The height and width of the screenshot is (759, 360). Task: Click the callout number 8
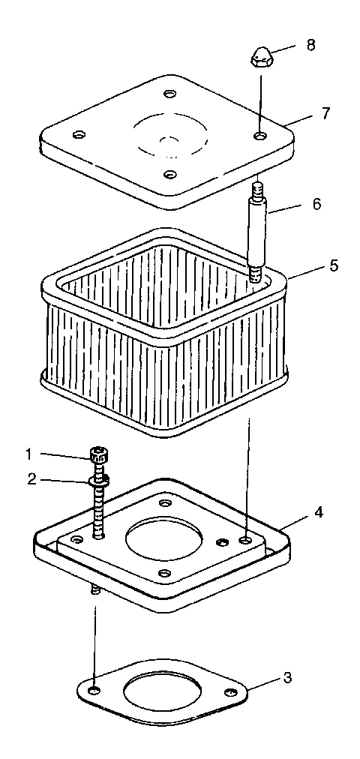tap(311, 44)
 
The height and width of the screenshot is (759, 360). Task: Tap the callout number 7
tap(325, 113)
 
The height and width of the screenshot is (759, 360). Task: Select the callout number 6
tap(317, 204)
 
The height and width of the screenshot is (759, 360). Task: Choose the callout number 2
tap(31, 479)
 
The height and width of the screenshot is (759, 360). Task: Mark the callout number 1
tap(28, 454)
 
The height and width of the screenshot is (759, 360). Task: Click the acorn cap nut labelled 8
tap(260, 56)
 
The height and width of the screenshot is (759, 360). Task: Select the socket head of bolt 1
tap(97, 454)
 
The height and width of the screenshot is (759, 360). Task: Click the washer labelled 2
tap(97, 479)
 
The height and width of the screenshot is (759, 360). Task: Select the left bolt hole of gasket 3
tap(93, 689)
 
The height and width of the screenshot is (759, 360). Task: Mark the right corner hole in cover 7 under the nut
tap(259, 136)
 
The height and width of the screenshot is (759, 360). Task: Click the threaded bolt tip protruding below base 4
tap(95, 591)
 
